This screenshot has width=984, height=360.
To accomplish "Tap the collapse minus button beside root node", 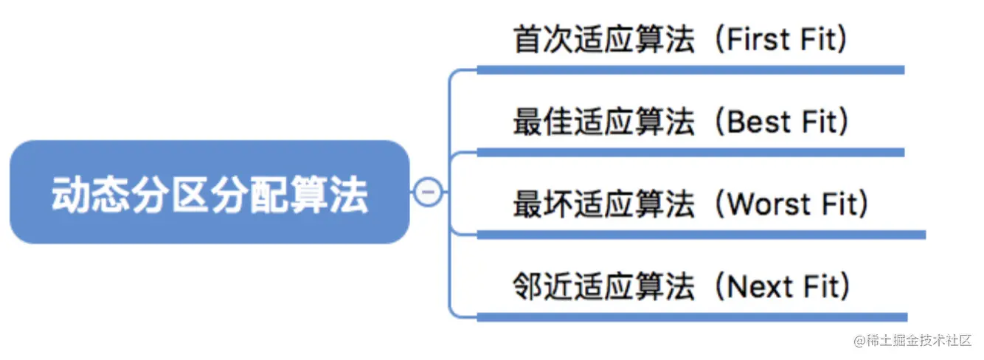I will [x=429, y=193].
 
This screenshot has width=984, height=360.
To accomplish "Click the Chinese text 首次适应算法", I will [x=603, y=40].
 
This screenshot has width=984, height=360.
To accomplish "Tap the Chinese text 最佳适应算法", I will [x=603, y=122].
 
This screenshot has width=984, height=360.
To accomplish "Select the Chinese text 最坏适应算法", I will [x=603, y=204].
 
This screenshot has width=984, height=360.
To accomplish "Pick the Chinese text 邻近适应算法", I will [x=603, y=286].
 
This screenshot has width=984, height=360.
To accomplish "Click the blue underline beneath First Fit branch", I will [x=690, y=70].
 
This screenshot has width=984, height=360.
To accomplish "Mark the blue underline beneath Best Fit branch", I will [x=690, y=153].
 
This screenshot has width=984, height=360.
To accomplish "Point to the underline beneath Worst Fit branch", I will [x=701, y=235].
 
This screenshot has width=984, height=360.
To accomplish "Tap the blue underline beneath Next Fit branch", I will [x=690, y=317].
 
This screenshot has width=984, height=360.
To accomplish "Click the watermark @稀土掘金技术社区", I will [x=913, y=341].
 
